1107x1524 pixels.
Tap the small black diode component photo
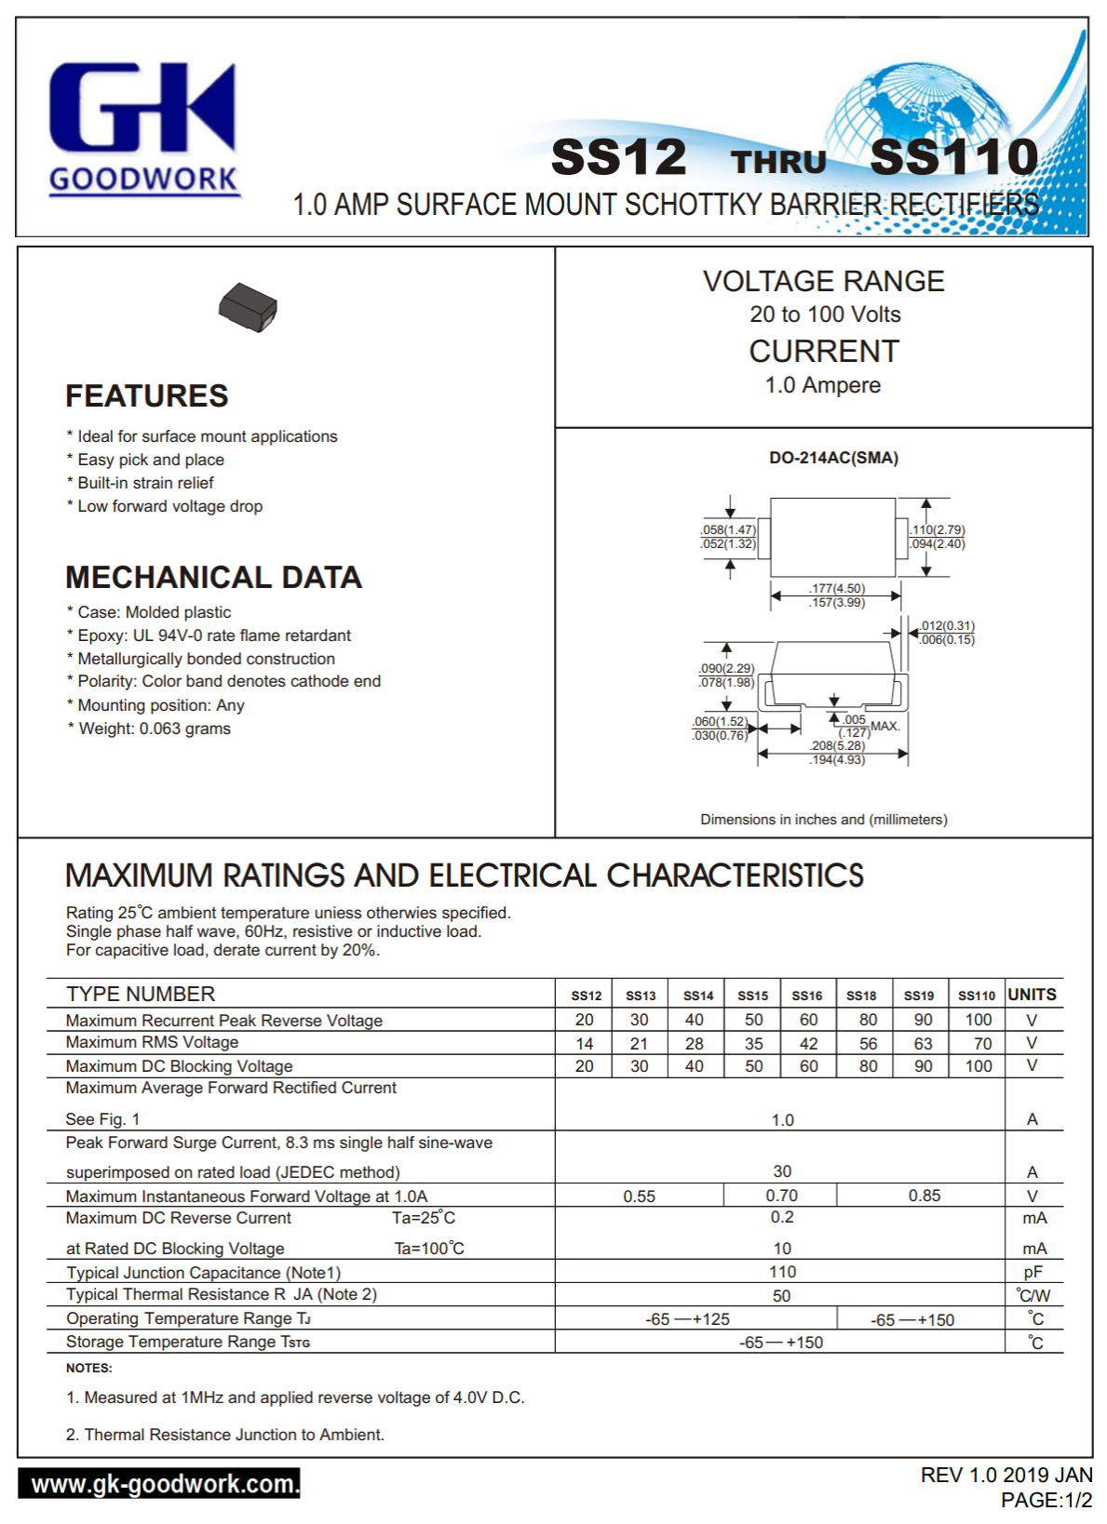point(248,306)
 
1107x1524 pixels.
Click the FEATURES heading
point(147,396)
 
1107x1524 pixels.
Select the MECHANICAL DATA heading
point(213,578)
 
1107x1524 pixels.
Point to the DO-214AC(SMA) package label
point(833,458)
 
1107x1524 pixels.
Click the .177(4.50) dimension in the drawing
point(837,589)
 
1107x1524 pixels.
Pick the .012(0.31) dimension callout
point(947,626)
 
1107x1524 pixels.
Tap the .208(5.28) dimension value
point(837,746)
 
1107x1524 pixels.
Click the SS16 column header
point(807,996)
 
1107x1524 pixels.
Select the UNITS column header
point(1032,995)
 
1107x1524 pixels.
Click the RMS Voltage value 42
point(809,1044)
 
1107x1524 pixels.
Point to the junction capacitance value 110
point(782,1272)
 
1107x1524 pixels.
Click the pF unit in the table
point(1033,1273)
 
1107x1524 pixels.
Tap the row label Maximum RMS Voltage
point(152,1043)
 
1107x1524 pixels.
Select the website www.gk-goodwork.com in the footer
point(159,1483)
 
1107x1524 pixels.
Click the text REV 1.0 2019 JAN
point(1006,1476)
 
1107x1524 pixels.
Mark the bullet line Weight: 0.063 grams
point(154,729)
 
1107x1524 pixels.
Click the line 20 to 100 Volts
point(825,314)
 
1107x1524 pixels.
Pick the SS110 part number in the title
point(953,156)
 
